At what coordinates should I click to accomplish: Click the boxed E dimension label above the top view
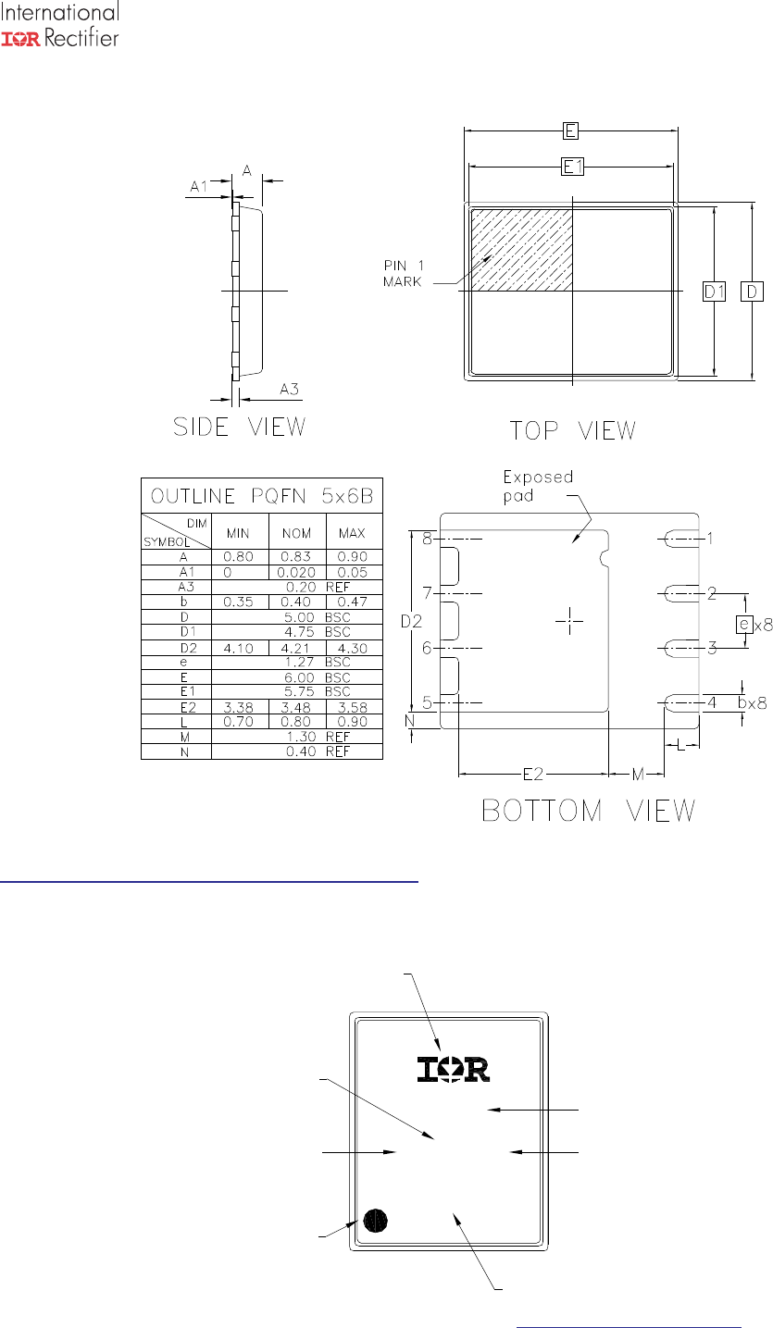point(570,130)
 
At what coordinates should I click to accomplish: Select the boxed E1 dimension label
point(572,167)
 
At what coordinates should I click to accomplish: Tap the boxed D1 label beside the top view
point(715,292)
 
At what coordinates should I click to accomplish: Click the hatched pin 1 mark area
point(522,250)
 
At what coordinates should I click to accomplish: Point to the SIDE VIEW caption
point(240,427)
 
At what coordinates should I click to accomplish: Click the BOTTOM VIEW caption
point(588,811)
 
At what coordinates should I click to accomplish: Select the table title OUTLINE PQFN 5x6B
point(262,496)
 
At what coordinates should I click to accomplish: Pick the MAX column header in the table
point(352,533)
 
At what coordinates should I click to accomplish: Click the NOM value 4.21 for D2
point(295,649)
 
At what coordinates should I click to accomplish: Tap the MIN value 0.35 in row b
point(238,602)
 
